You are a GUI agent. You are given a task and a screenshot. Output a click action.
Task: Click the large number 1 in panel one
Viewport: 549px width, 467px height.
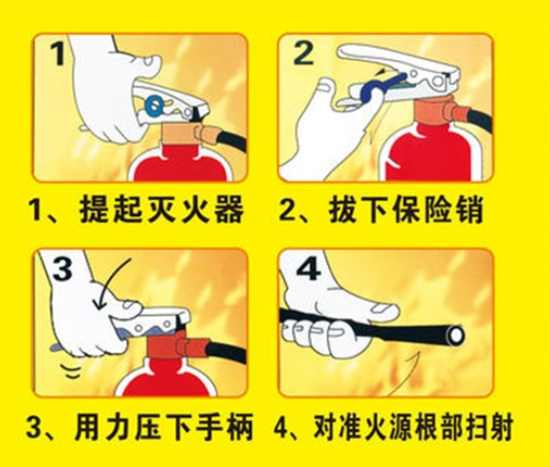[x=57, y=54]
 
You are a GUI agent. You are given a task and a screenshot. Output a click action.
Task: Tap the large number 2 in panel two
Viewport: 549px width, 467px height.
[x=303, y=54]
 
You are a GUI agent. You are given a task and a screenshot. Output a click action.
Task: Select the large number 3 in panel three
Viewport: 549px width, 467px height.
[x=63, y=269]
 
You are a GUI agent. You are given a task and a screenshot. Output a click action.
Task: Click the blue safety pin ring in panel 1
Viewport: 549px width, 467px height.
[x=154, y=105]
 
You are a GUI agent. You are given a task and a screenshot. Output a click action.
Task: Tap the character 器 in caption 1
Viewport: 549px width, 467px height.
[x=229, y=210]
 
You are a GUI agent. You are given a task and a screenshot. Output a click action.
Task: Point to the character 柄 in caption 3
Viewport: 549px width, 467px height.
[x=239, y=427]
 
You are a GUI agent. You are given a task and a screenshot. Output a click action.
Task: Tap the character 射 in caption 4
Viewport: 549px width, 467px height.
[x=500, y=427]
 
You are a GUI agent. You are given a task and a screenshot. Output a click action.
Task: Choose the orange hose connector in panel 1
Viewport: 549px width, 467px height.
[x=206, y=133]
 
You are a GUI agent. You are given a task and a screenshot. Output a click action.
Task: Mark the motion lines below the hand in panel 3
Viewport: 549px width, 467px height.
[x=71, y=370]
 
